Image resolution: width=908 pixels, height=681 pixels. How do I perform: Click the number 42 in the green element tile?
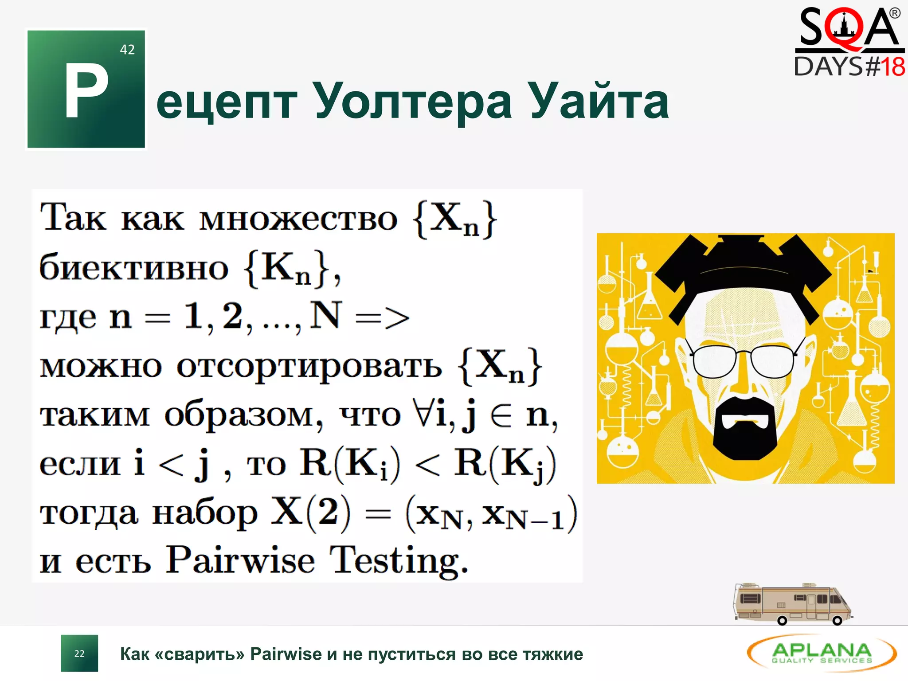[127, 50]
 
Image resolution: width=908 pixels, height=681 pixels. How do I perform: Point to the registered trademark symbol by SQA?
[895, 13]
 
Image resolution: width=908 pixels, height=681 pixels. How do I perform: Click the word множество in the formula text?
[298, 219]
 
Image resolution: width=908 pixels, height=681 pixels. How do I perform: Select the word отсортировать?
[309, 367]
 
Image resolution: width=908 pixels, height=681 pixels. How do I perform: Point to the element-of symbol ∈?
[501, 416]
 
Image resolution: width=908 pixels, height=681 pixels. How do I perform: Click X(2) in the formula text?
[310, 512]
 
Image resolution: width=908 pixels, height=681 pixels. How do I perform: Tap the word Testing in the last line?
[398, 561]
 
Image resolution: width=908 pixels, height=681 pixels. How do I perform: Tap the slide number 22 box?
[79, 654]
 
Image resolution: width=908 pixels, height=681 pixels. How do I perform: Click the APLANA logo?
[822, 653]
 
